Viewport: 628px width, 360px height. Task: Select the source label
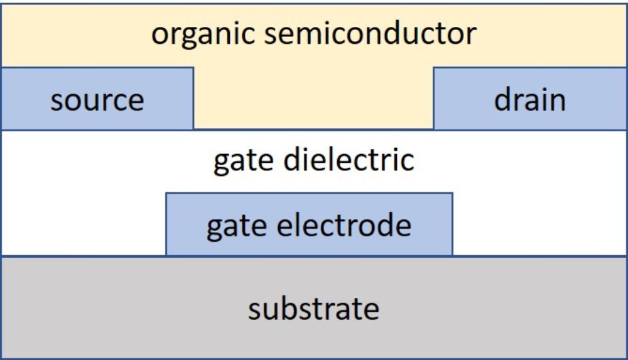(x=97, y=100)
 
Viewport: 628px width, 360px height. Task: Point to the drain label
(x=529, y=99)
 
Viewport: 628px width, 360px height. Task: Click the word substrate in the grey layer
(x=313, y=308)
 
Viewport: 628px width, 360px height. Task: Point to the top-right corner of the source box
(x=193, y=67)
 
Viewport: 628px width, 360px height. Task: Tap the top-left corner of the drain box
(x=434, y=67)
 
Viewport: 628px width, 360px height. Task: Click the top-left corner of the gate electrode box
(x=166, y=194)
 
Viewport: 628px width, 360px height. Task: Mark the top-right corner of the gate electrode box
(x=452, y=194)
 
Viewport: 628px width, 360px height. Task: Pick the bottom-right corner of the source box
(x=193, y=129)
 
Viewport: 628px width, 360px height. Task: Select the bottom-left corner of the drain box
(x=434, y=129)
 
